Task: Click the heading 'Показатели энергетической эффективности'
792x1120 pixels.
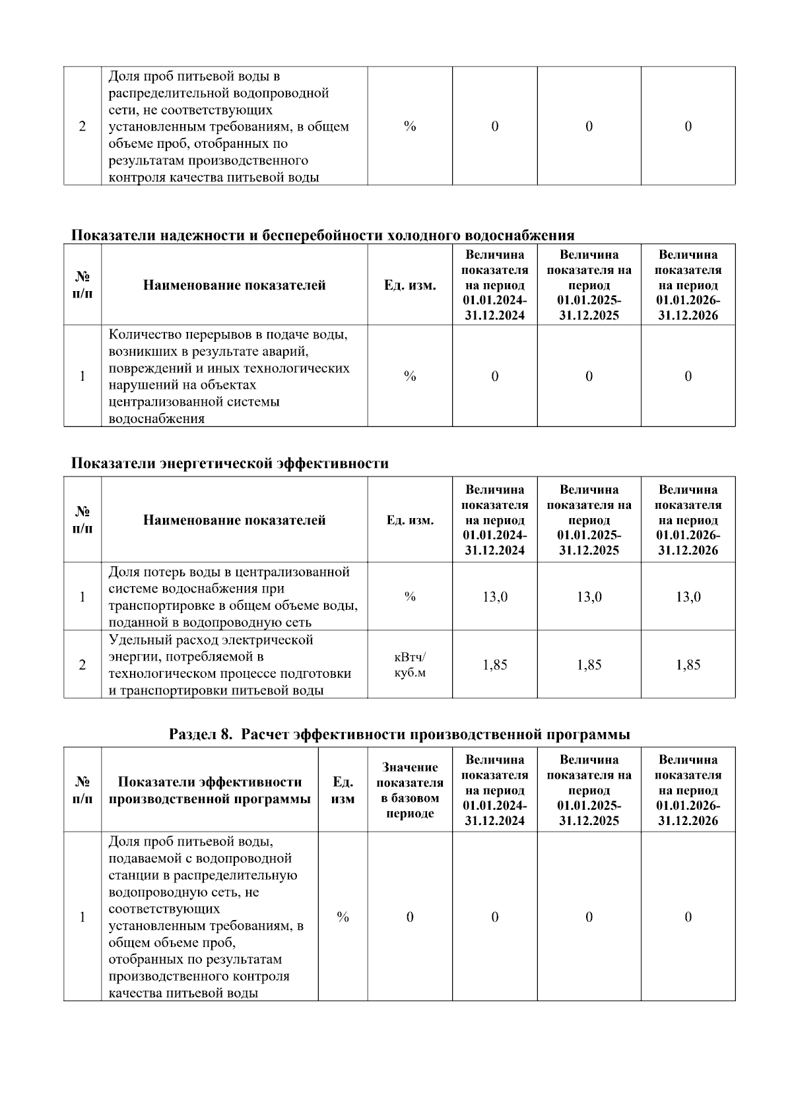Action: pyautogui.click(x=229, y=463)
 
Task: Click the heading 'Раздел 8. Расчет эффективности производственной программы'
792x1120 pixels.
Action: pyautogui.click(x=399, y=735)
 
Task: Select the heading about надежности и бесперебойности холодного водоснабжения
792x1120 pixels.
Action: pyautogui.click(x=322, y=236)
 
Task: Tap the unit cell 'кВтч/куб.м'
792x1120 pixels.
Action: pyautogui.click(x=410, y=665)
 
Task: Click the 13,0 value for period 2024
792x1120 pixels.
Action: pyautogui.click(x=494, y=597)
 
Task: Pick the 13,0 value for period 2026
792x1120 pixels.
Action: pyautogui.click(x=688, y=597)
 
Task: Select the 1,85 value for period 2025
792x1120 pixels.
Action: pyautogui.click(x=589, y=665)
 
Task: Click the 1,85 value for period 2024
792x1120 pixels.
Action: pyautogui.click(x=494, y=665)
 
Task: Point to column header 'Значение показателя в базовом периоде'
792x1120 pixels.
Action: pyautogui.click(x=410, y=790)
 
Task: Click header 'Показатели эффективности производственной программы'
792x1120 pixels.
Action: pyautogui.click(x=209, y=790)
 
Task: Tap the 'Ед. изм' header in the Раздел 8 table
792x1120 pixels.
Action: pyautogui.click(x=343, y=790)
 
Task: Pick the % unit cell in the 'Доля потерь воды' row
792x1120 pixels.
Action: pyautogui.click(x=410, y=597)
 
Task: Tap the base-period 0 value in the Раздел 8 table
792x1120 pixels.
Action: pyautogui.click(x=410, y=917)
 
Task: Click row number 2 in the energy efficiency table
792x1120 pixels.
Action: pyautogui.click(x=82, y=665)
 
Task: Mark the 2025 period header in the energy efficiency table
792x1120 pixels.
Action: pyautogui.click(x=589, y=520)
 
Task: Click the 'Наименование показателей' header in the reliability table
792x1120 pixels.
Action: pyautogui.click(x=234, y=286)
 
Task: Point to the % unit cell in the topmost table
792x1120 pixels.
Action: pyautogui.click(x=410, y=126)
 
